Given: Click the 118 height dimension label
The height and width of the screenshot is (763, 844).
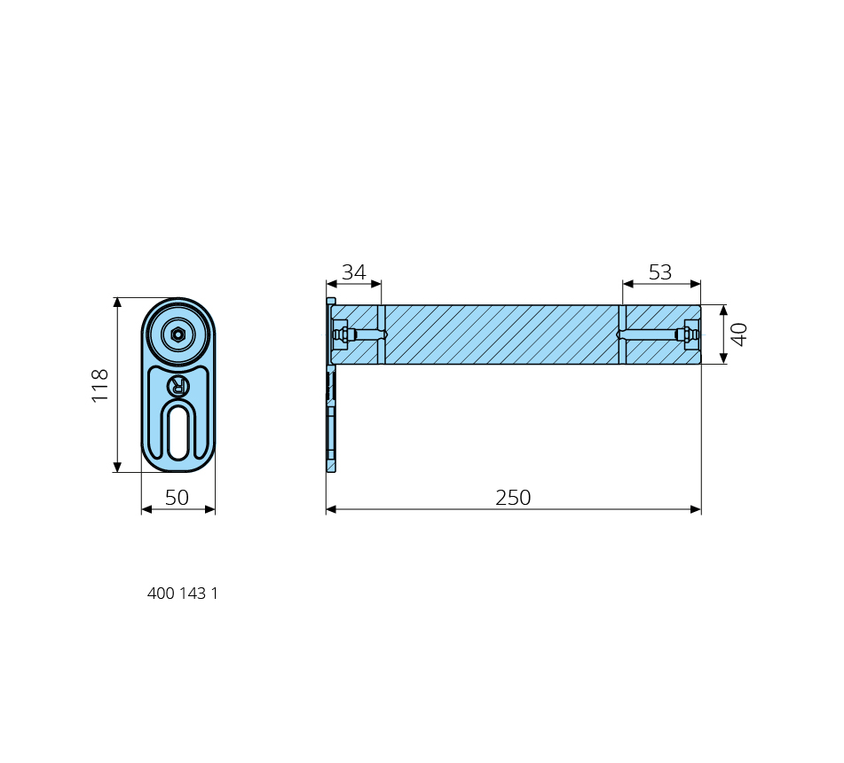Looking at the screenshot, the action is click(100, 385).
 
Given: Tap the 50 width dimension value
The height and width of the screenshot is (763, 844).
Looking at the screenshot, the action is click(177, 497).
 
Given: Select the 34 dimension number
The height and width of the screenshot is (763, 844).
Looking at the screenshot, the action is click(353, 272).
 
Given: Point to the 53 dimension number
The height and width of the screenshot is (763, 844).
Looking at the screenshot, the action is click(660, 272).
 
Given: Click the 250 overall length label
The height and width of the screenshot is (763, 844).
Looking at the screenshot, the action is click(513, 497).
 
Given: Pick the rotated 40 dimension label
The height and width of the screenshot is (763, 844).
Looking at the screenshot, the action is click(739, 334).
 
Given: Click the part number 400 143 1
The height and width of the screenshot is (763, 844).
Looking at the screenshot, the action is click(183, 593).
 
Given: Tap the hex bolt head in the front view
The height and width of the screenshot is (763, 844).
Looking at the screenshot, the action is click(177, 334).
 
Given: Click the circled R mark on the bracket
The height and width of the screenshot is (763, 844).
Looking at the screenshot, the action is click(178, 386).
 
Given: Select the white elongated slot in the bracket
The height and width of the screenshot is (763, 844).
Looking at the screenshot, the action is click(178, 433).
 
